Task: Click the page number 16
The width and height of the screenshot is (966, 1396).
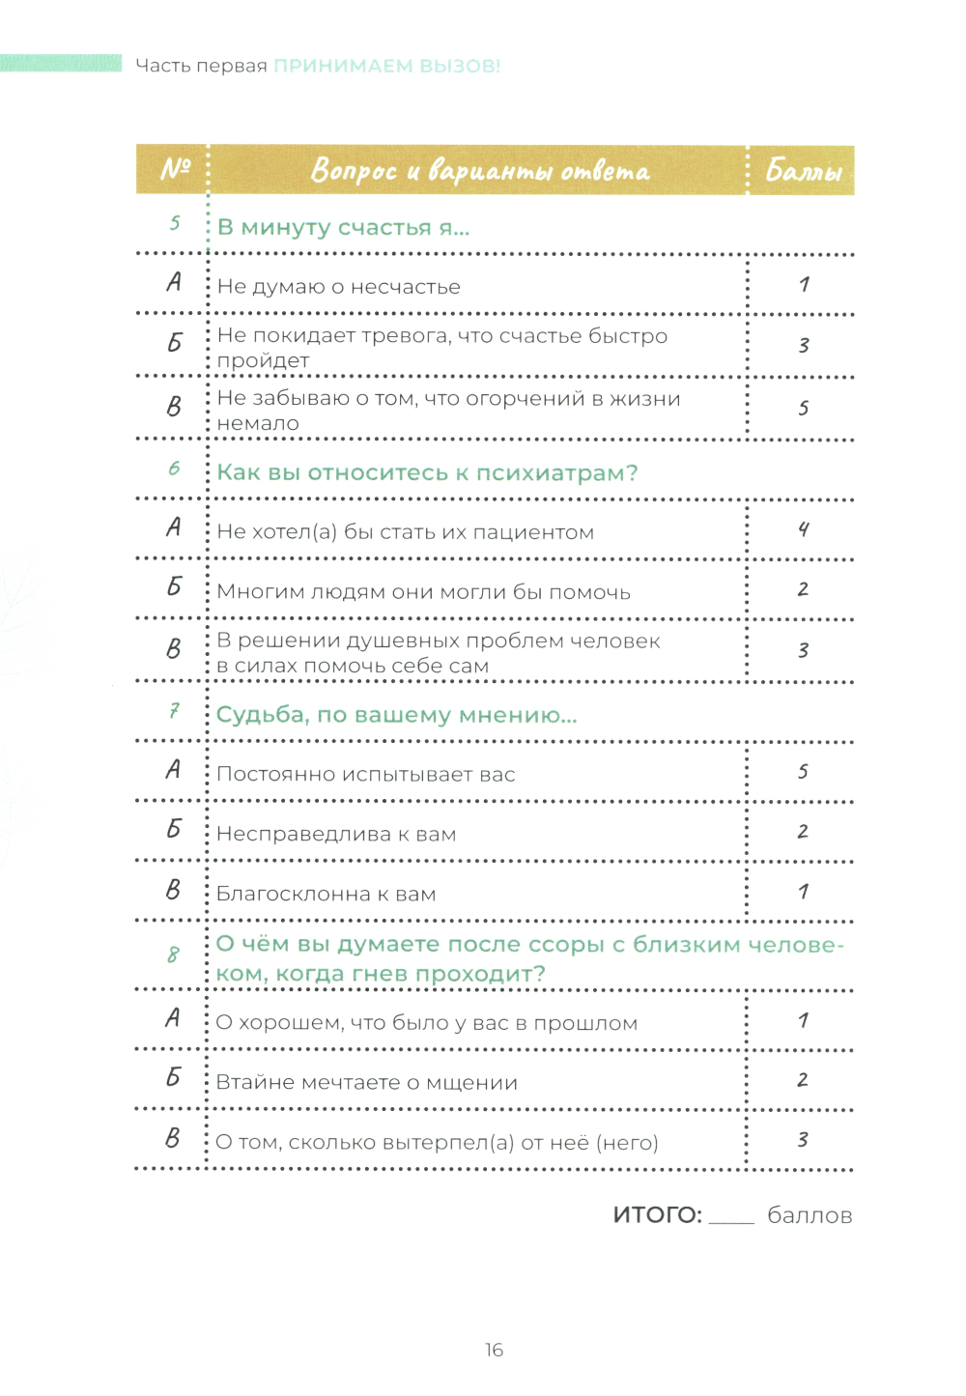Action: click(494, 1350)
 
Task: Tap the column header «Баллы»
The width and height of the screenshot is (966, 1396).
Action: click(803, 171)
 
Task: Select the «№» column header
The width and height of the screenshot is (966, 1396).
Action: click(175, 169)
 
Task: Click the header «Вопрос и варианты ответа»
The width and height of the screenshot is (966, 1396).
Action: click(479, 171)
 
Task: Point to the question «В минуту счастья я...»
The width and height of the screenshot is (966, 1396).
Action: click(343, 228)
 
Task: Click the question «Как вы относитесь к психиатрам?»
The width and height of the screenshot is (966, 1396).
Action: click(427, 473)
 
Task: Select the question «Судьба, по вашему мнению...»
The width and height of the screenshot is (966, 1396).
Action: click(396, 716)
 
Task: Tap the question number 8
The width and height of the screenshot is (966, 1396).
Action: click(173, 955)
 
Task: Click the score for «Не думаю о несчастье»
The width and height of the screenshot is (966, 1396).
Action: click(804, 285)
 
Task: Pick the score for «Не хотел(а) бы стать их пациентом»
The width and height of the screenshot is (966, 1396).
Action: click(804, 529)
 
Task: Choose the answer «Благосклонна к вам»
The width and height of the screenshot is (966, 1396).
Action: click(326, 895)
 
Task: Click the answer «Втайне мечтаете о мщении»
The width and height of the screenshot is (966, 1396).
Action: click(366, 1083)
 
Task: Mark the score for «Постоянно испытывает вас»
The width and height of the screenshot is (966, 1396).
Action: click(804, 772)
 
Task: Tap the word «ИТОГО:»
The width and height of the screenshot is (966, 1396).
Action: click(657, 1215)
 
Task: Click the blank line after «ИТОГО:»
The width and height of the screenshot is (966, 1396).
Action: click(731, 1219)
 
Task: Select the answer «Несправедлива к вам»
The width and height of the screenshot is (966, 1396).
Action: click(336, 835)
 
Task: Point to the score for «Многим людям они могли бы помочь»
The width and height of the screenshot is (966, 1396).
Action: click(804, 589)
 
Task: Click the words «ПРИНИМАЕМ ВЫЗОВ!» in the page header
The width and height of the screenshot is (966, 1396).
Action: click(386, 66)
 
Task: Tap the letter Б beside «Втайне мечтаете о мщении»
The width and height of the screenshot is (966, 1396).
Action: click(173, 1078)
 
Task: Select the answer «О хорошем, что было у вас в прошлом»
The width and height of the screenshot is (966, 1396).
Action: click(426, 1023)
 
